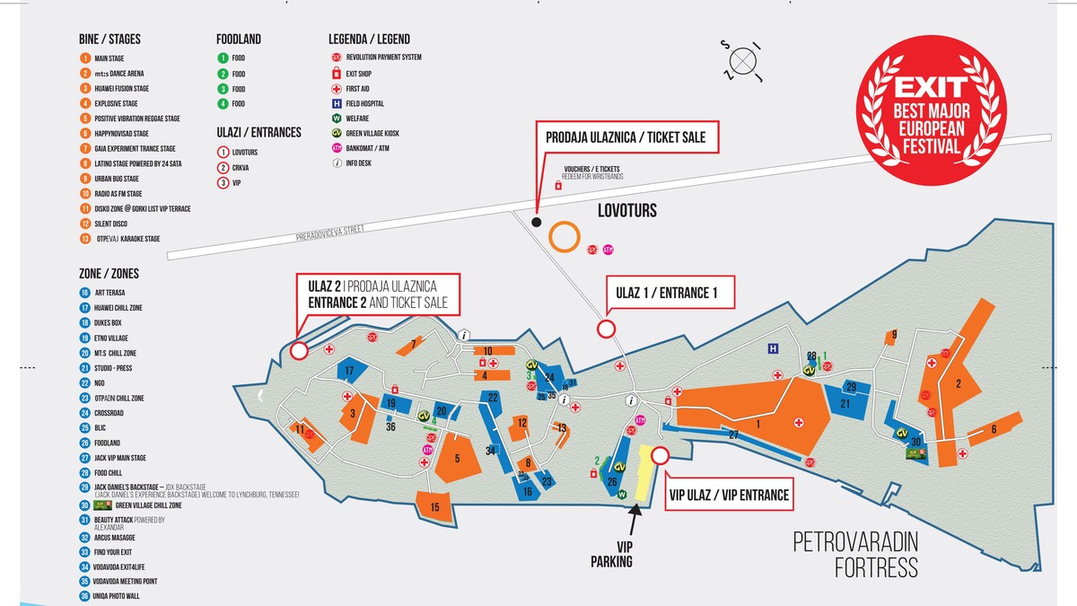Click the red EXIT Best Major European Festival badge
pyautogui.click(x=940, y=116)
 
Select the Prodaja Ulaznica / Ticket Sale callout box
pyautogui.click(x=626, y=138)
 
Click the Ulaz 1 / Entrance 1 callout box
pyautogui.click(x=669, y=293)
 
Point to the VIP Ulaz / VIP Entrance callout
pyautogui.click(x=729, y=495)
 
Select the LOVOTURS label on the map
pyautogui.click(x=627, y=211)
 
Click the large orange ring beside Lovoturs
pyautogui.click(x=564, y=237)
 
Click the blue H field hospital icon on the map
pyautogui.click(x=771, y=348)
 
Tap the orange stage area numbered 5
pyautogui.click(x=458, y=459)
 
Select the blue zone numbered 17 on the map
pyautogui.click(x=350, y=371)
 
